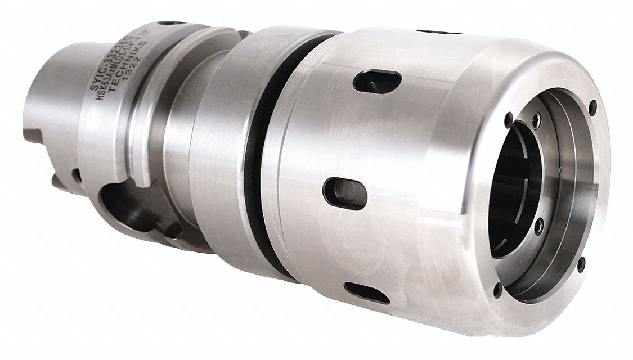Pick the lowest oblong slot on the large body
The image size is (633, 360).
366,292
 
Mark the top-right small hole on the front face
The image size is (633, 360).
592,105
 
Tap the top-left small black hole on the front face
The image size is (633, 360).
509,119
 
